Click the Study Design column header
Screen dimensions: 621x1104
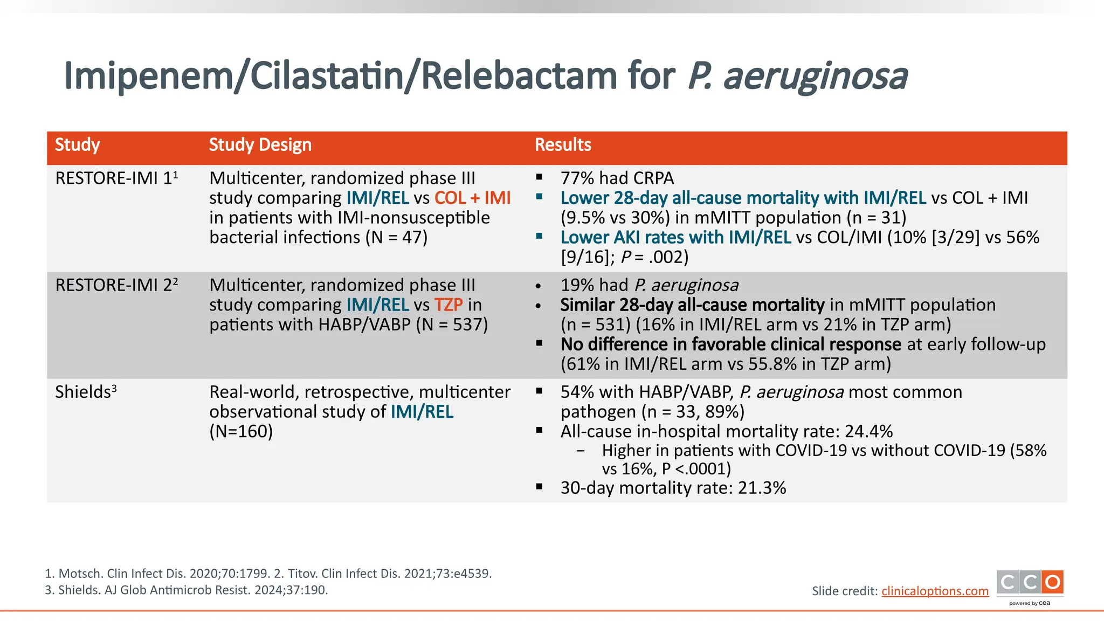(x=260, y=145)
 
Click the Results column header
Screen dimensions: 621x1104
(x=562, y=145)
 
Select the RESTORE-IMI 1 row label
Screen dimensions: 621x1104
(x=116, y=178)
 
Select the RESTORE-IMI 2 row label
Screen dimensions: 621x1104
(x=116, y=285)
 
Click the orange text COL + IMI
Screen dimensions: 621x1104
(x=472, y=198)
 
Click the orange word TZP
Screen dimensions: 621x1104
(x=448, y=305)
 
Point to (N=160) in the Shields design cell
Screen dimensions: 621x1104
(x=241, y=432)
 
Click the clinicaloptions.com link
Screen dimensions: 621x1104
(x=935, y=591)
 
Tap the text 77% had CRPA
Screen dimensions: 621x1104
(x=617, y=178)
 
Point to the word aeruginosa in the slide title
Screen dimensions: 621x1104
(x=815, y=77)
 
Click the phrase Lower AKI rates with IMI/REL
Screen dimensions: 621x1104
(x=675, y=238)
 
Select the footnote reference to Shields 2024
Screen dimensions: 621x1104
(x=186, y=590)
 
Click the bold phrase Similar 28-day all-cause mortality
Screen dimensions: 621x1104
(x=692, y=305)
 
